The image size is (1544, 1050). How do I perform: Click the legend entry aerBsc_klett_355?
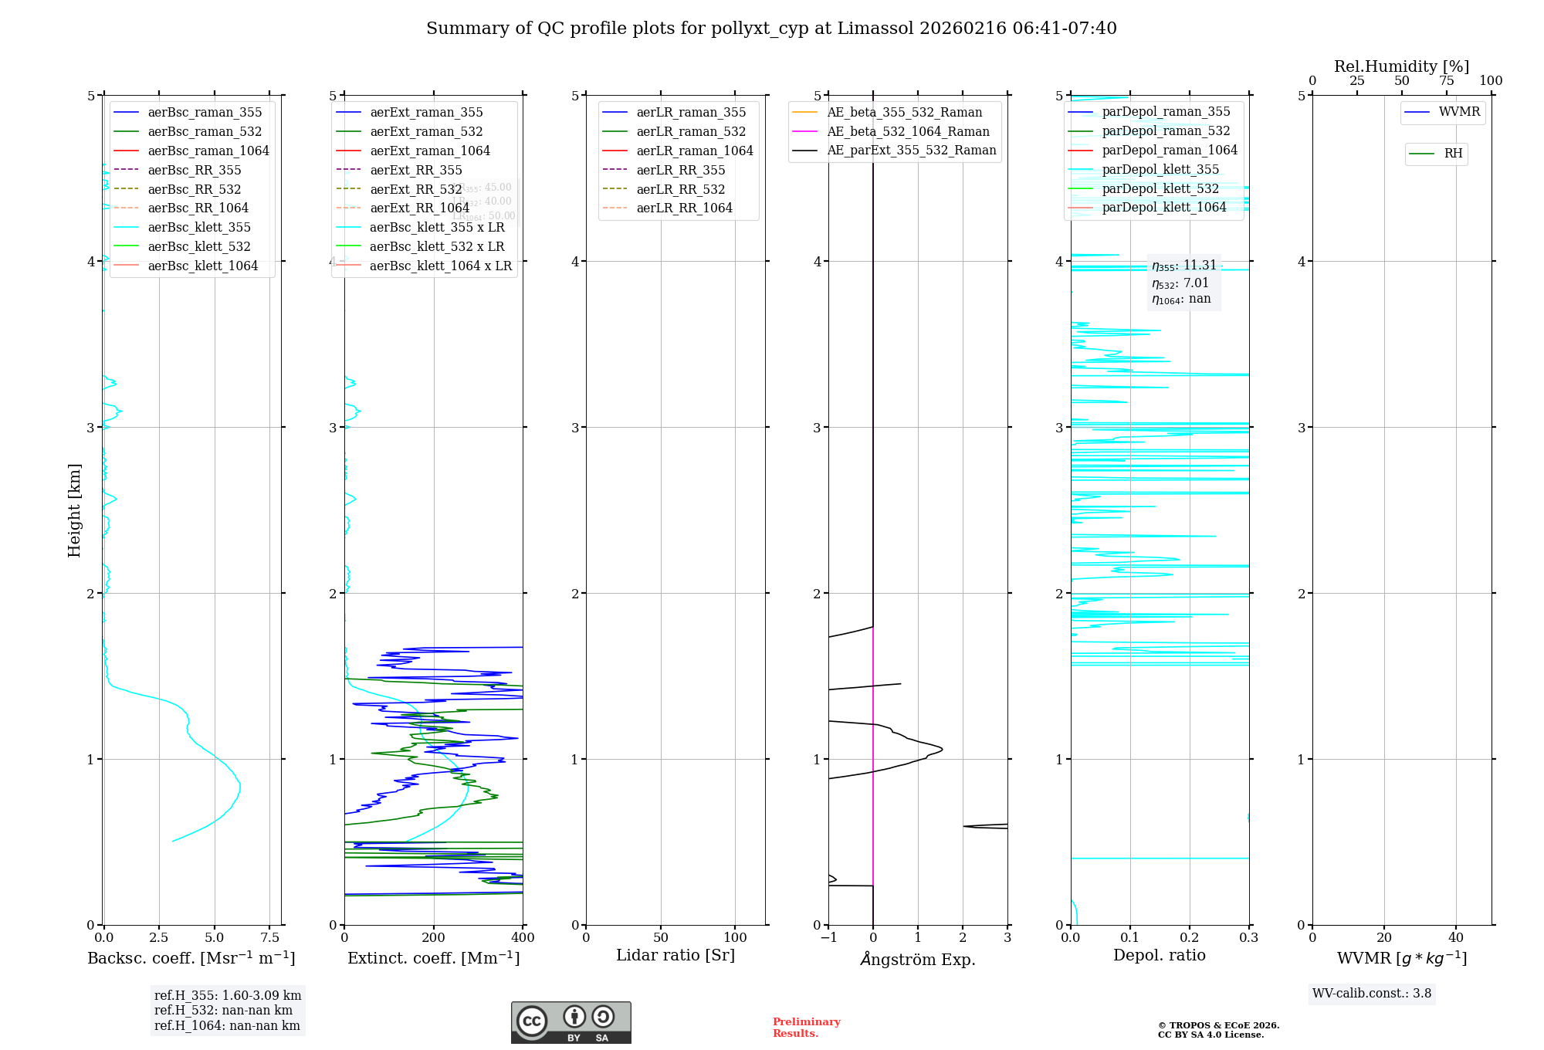(x=199, y=228)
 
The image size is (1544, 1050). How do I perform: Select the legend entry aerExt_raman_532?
(x=426, y=132)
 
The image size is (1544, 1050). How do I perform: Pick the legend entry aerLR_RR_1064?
(x=684, y=208)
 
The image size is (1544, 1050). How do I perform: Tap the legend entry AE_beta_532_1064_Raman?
(x=908, y=132)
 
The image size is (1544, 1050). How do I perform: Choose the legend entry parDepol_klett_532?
(x=1160, y=189)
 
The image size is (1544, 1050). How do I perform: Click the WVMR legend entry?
(x=1459, y=113)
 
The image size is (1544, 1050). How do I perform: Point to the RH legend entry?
(x=1453, y=154)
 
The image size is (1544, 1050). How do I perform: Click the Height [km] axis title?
(x=74, y=510)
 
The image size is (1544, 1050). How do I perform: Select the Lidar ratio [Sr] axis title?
(x=675, y=956)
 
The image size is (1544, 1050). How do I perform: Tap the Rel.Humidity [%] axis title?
(x=1401, y=66)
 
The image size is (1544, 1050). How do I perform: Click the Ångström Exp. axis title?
(x=918, y=960)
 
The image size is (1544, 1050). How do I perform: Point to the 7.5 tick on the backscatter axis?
(x=269, y=938)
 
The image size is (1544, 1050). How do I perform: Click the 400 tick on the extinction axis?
(x=523, y=938)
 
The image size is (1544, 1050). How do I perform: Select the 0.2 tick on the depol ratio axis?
(x=1190, y=938)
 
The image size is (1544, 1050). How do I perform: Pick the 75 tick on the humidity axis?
(x=1446, y=81)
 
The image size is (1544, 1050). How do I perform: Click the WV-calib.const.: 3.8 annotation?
(x=1372, y=994)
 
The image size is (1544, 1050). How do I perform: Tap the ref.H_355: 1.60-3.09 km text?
(x=228, y=996)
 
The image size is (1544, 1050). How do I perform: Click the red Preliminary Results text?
(x=806, y=1028)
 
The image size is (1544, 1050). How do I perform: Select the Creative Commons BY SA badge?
(x=571, y=1023)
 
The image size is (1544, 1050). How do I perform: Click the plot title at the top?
(x=771, y=29)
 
